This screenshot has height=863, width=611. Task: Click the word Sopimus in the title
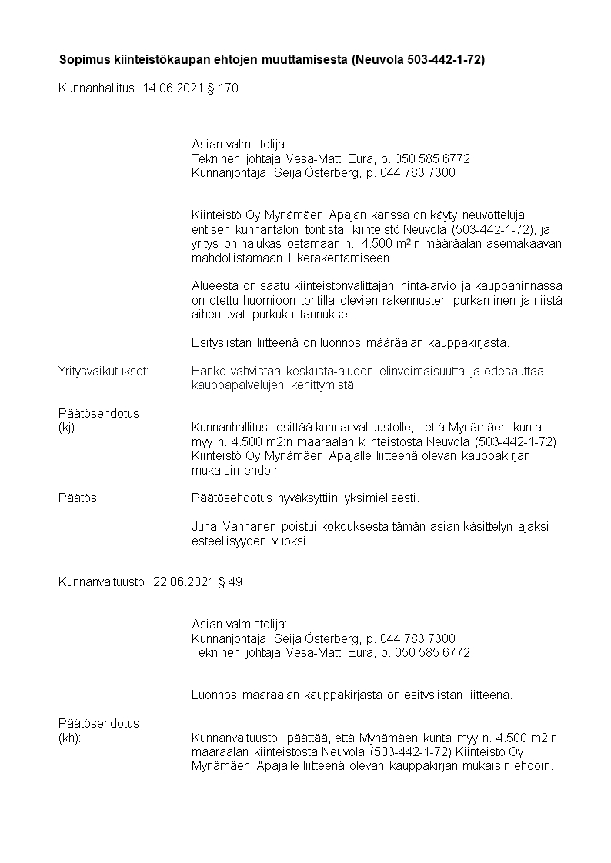click(84, 59)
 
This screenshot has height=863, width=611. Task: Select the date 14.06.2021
click(170, 88)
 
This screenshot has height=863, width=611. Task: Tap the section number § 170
click(223, 88)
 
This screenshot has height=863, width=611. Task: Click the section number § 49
click(231, 581)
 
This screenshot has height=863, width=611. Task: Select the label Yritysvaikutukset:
click(104, 372)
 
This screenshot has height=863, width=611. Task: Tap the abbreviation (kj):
click(68, 427)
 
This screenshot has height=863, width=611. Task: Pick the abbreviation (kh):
click(69, 738)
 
